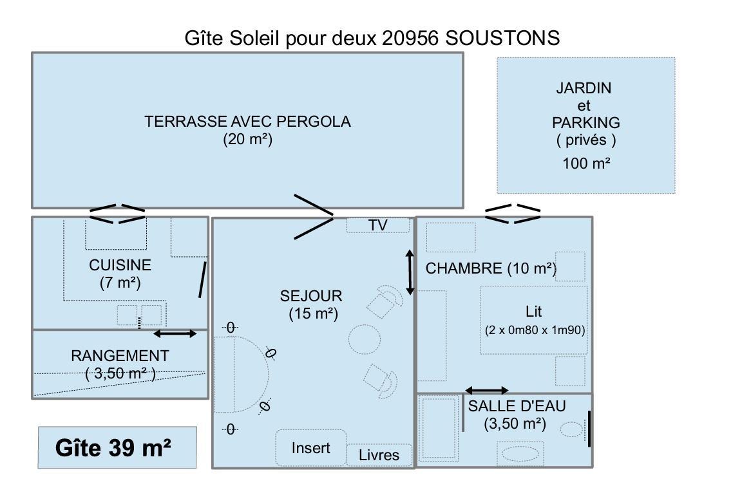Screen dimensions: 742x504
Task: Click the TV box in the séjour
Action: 377,225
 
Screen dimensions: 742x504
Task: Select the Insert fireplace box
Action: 311,447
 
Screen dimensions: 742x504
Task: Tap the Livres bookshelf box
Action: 379,455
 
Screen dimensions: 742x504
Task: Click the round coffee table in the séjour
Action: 365,339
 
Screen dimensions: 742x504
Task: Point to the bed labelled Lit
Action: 534,320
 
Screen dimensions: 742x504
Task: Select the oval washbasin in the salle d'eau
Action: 520,454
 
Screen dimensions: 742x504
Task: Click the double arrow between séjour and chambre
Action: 410,272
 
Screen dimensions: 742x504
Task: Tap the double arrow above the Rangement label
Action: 175,334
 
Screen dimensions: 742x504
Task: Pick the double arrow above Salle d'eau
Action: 487,391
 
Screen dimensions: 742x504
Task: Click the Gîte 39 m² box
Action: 117,447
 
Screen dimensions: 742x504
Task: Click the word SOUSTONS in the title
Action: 502,38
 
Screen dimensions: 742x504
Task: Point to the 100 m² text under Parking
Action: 586,163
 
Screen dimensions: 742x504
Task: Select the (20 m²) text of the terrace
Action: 247,140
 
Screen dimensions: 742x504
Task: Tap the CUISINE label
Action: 120,265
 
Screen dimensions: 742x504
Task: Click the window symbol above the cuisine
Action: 117,214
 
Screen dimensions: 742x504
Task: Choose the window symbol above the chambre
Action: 513,214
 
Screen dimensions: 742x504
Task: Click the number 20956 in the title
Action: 410,38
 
